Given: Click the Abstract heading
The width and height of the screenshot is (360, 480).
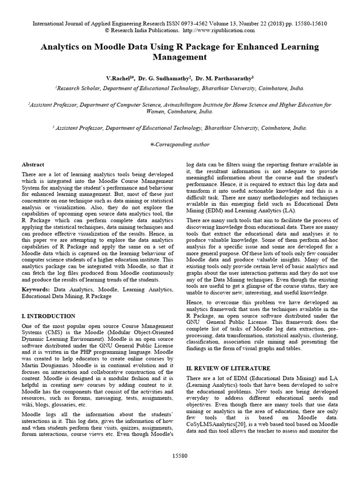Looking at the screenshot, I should click(33, 165).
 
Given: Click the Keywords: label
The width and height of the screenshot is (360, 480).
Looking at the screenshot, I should click(37, 290).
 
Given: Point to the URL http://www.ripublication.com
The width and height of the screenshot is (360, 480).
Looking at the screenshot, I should click(218, 30).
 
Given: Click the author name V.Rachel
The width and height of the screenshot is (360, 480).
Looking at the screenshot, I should click(120, 78).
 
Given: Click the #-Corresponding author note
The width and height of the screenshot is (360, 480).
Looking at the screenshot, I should click(180, 144).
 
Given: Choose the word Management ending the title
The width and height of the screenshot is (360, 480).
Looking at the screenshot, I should click(180, 58).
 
